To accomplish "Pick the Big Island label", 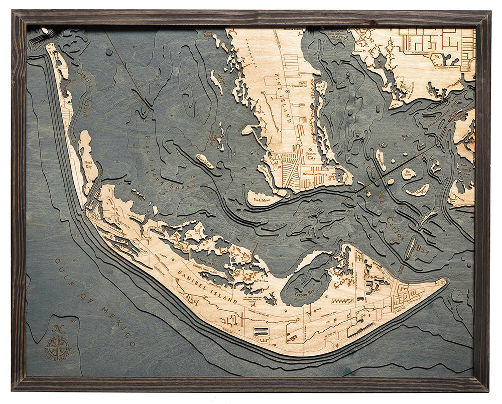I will pyautogui.click(x=408, y=173).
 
